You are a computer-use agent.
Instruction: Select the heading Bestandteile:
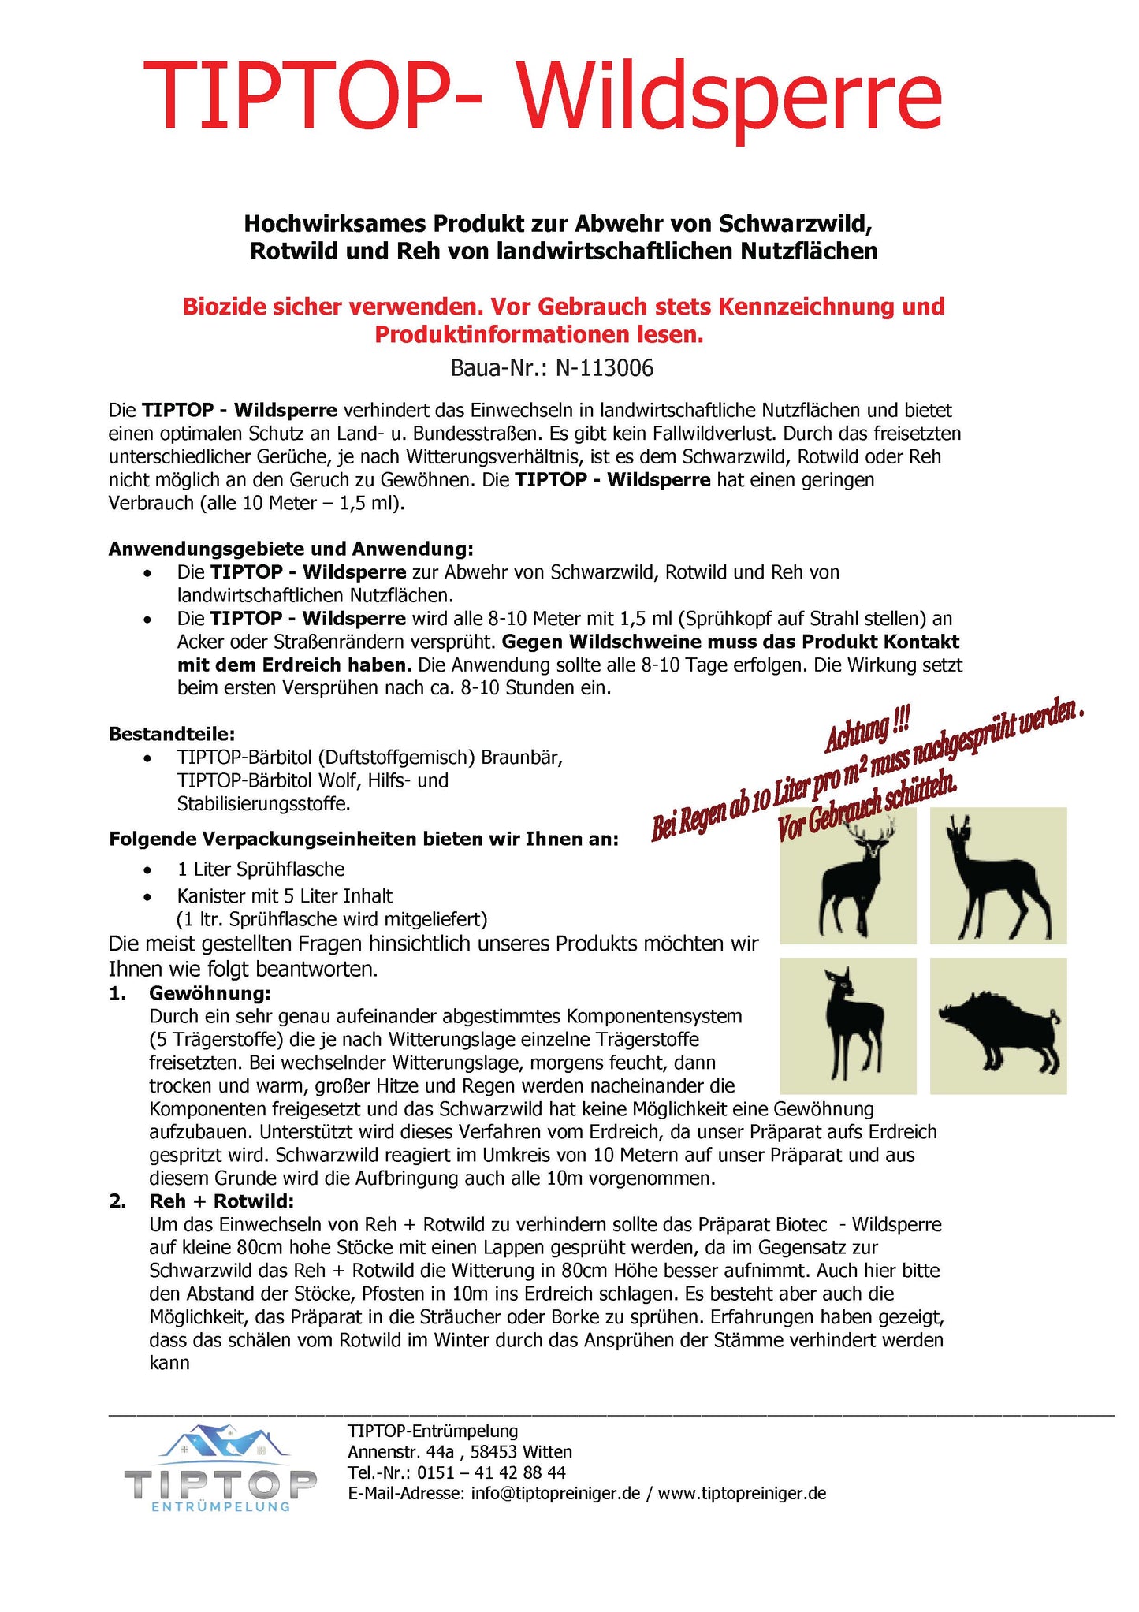tap(172, 734)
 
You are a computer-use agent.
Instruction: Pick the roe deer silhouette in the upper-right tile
tap(998, 875)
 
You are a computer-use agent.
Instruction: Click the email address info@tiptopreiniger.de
tap(555, 1493)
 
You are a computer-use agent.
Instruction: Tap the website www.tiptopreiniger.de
tap(742, 1493)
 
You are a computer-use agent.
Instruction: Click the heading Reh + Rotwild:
tap(221, 1201)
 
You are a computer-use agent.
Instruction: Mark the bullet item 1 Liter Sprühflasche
tap(261, 869)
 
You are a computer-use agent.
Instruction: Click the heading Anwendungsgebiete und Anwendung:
tap(291, 549)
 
